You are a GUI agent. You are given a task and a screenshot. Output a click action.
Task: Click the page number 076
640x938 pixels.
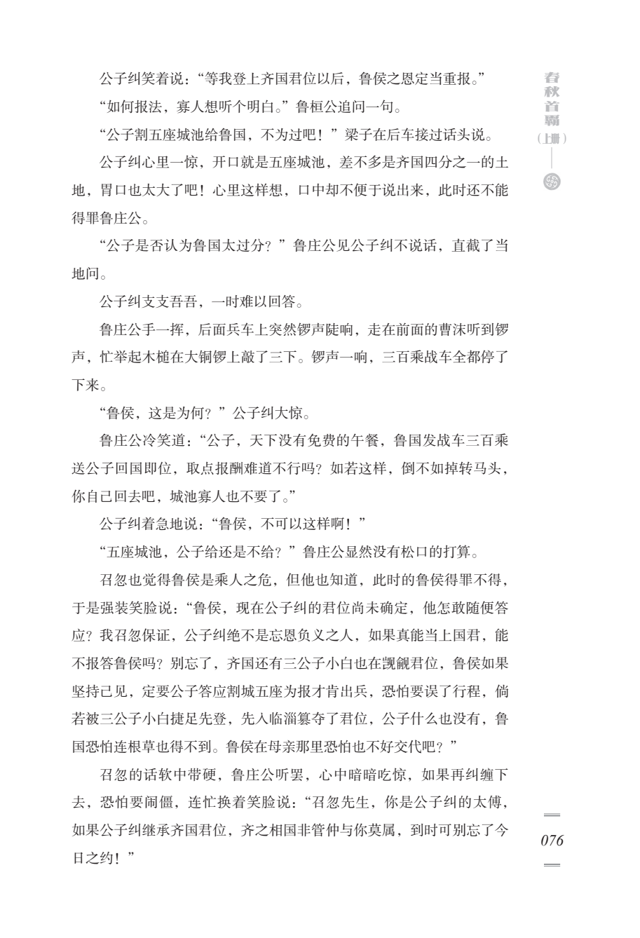point(552,841)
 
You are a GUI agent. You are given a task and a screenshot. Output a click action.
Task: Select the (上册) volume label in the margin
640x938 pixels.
point(552,139)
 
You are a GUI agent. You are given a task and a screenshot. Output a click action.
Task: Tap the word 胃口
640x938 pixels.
point(114,190)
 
